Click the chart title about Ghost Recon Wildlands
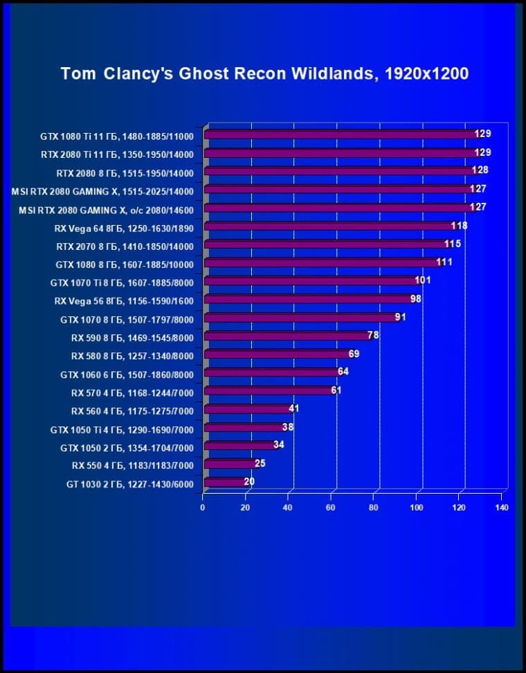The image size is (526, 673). tap(264, 73)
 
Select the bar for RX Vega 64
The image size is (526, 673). tap(329, 226)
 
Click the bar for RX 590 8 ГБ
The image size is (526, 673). tap(287, 336)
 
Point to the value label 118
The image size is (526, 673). tap(459, 226)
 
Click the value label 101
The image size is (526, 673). tap(423, 280)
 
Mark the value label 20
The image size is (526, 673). tap(249, 481)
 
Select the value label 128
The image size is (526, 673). tap(480, 170)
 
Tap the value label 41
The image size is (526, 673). tap(293, 409)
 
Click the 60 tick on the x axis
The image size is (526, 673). tap(331, 508)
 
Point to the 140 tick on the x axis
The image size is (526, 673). tap(502, 508)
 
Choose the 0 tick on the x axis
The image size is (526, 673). tap(203, 508)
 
